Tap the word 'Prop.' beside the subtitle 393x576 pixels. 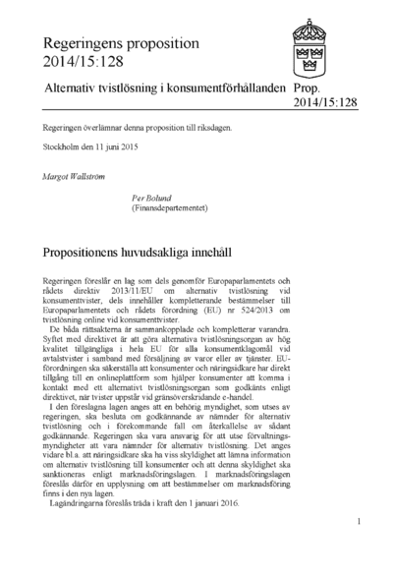308,88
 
